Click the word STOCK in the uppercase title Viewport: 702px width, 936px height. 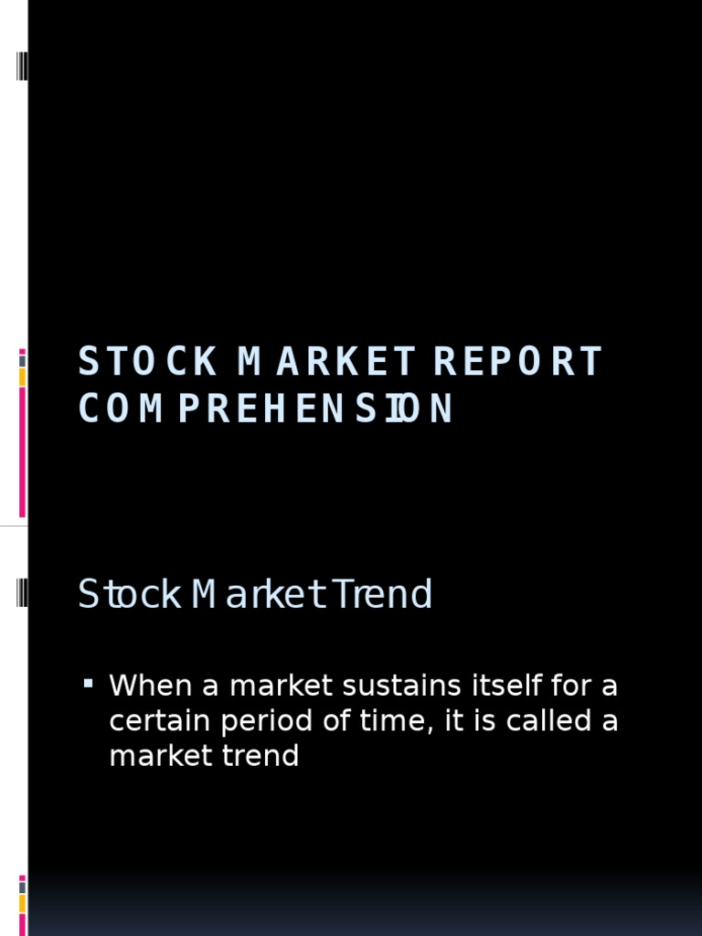click(147, 362)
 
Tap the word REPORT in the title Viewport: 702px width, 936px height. click(517, 362)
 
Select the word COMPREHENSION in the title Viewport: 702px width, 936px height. click(265, 409)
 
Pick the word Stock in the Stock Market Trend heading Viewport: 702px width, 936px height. click(129, 595)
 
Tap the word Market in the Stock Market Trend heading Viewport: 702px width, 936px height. click(260, 595)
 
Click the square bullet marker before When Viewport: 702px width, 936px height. click(89, 683)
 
